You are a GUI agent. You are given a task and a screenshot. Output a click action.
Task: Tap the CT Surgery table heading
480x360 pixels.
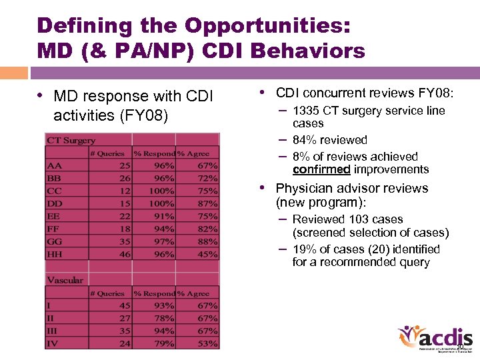pos(71,141)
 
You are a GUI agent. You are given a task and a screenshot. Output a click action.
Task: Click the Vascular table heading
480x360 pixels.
pos(65,281)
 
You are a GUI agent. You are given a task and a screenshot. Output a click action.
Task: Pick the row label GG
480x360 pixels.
pos(55,241)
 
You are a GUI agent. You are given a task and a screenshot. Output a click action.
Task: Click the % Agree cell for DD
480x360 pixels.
pos(207,203)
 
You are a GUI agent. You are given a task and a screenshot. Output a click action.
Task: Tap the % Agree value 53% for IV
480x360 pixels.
pos(207,344)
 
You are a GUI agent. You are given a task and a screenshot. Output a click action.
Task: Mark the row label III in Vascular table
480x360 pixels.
pos(53,331)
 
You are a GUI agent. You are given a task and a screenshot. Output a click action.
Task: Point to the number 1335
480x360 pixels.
pos(306,111)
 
